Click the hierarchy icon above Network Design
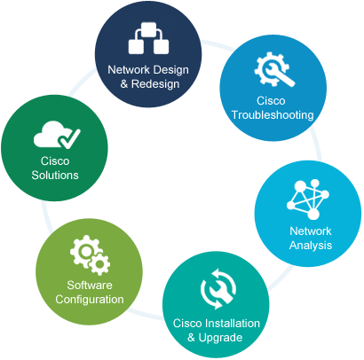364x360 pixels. click(x=148, y=38)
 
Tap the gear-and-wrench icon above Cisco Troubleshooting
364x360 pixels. click(x=274, y=69)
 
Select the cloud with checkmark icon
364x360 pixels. click(x=57, y=134)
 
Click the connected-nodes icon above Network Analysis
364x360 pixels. click(x=308, y=200)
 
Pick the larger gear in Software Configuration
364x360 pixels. click(x=85, y=251)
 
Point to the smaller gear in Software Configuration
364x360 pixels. click(x=99, y=263)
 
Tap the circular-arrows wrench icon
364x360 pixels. click(x=218, y=289)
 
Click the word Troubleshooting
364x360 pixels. click(x=273, y=115)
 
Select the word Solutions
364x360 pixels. click(x=55, y=176)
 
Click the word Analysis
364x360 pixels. click(x=311, y=246)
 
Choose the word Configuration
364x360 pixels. click(x=90, y=300)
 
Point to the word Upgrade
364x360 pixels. click(x=220, y=338)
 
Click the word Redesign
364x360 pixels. click(x=155, y=84)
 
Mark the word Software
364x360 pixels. click(x=90, y=286)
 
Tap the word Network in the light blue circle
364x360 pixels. click(x=311, y=231)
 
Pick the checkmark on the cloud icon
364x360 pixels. click(x=69, y=138)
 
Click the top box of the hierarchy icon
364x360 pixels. click(x=148, y=29)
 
